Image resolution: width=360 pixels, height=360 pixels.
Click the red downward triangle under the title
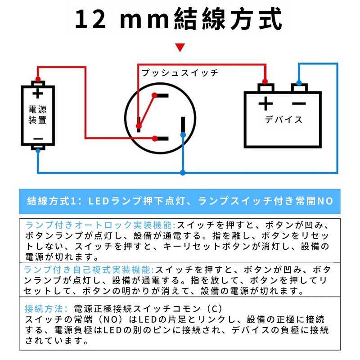click(x=180, y=47)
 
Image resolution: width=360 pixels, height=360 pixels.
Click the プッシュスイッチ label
click(x=180, y=72)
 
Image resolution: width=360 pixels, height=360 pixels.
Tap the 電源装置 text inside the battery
click(x=37, y=115)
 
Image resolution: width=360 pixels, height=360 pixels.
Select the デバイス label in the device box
click(x=283, y=120)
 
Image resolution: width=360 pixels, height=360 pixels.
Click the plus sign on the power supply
click(x=38, y=94)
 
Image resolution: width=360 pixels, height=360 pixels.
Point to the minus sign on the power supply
click(x=38, y=139)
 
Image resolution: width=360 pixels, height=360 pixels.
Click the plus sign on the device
click(x=265, y=104)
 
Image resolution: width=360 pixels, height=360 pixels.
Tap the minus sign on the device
click(x=299, y=104)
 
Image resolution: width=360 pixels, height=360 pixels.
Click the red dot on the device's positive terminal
click(x=265, y=81)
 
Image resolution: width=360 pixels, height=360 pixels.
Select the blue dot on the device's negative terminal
click(x=299, y=83)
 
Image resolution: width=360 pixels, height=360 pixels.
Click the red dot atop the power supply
click(x=38, y=80)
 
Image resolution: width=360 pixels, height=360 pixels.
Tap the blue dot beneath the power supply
click(x=38, y=151)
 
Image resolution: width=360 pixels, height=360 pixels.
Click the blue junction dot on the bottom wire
click(x=183, y=173)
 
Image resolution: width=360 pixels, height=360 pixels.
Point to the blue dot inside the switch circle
click(x=183, y=135)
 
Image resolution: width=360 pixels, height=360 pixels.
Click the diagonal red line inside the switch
click(x=147, y=111)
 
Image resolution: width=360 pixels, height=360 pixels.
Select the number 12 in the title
click(x=90, y=19)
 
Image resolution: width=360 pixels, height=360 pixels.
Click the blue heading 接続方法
click(x=43, y=309)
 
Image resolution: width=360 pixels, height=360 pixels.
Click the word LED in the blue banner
click(x=99, y=201)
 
